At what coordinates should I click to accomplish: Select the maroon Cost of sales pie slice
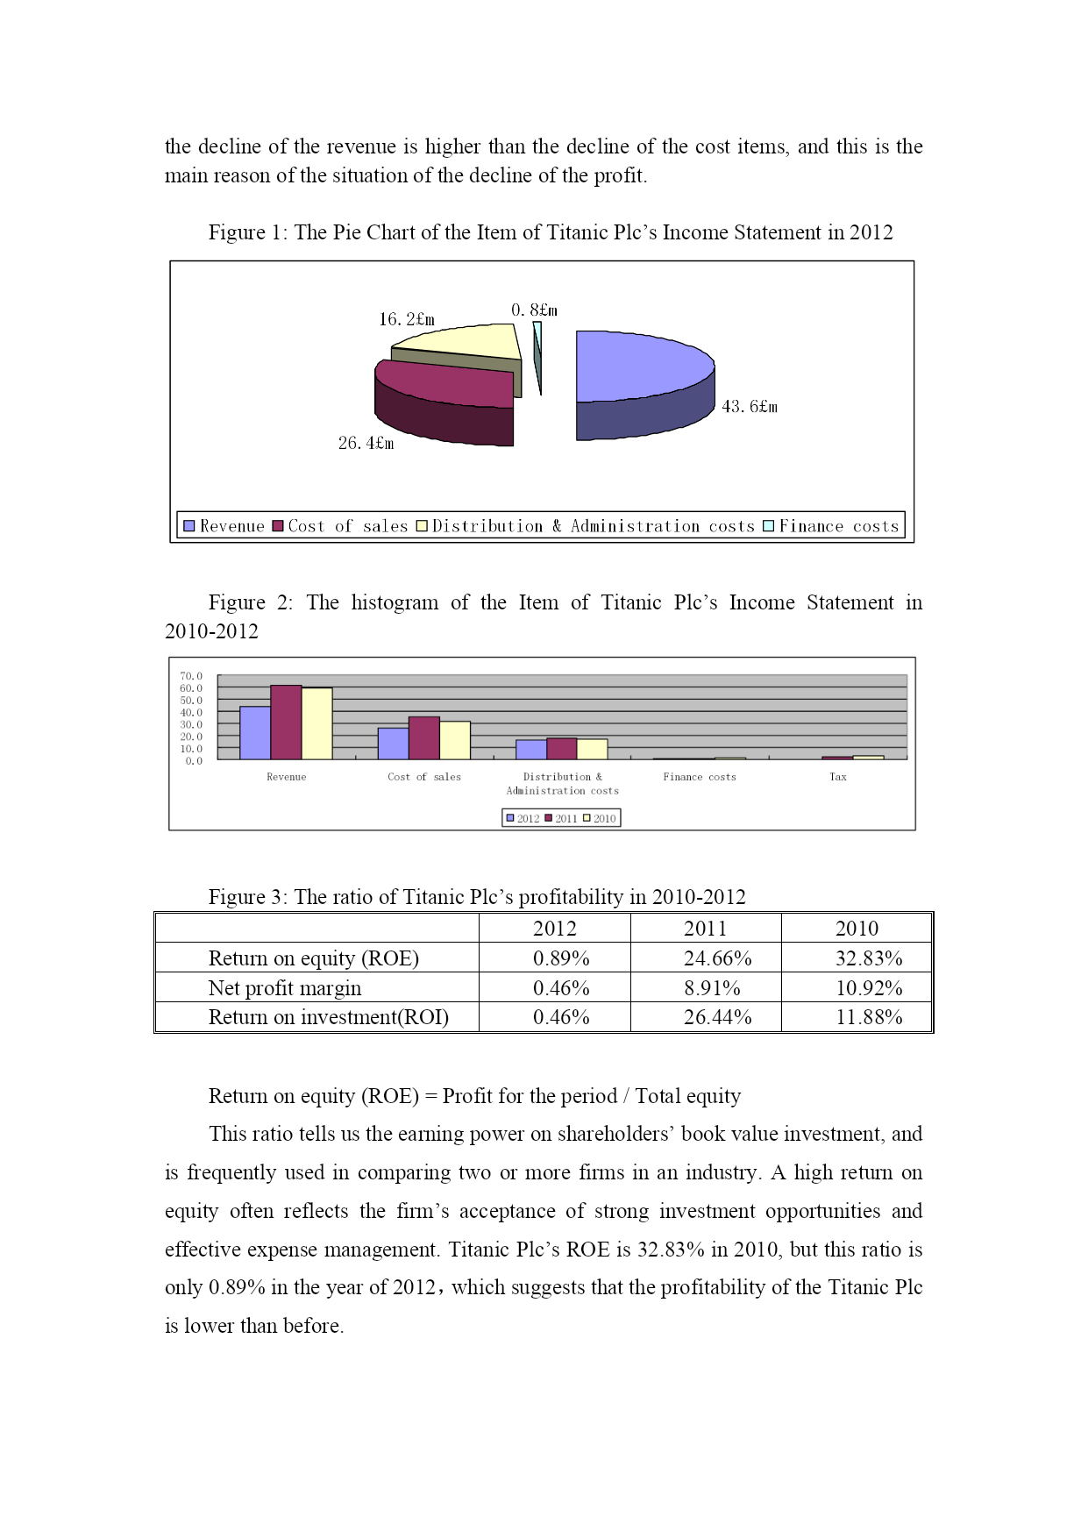tap(447, 386)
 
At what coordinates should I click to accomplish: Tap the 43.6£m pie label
tap(750, 407)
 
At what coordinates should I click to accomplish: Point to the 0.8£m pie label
tap(534, 310)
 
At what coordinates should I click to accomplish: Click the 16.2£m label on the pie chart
tap(407, 319)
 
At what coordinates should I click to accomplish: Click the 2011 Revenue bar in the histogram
tap(286, 723)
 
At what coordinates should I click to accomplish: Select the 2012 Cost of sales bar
tap(393, 744)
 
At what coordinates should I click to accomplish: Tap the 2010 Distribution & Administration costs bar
tap(592, 749)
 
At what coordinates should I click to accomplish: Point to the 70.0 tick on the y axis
tap(191, 676)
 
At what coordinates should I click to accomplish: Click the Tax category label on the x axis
tap(838, 777)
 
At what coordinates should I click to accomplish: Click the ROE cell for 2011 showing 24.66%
tap(717, 958)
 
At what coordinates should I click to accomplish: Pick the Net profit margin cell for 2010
tap(868, 988)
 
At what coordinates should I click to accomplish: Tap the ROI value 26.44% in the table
tap(717, 1017)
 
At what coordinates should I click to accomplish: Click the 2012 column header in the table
tap(554, 929)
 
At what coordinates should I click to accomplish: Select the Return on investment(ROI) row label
tap(328, 1017)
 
